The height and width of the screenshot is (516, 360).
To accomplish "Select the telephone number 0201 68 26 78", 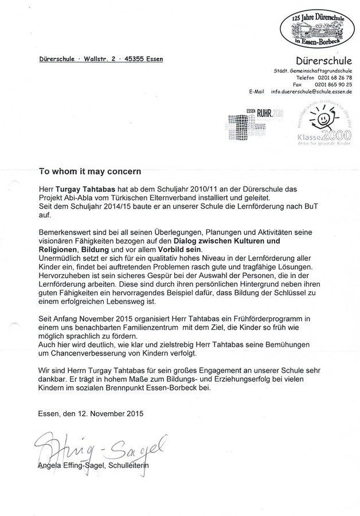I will pos(332,77).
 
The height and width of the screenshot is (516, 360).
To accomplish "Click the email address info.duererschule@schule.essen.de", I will pos(311,91).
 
